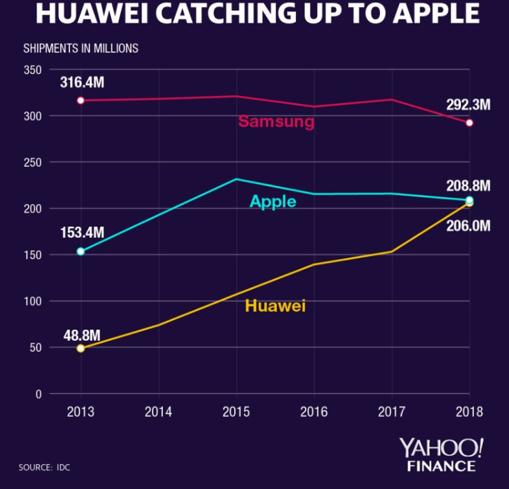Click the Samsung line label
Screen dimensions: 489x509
click(x=276, y=122)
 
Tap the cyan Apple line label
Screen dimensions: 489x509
click(x=273, y=202)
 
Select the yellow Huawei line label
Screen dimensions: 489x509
click(x=275, y=306)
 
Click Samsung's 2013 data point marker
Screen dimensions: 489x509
click(x=80, y=100)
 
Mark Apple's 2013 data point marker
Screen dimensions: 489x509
click(x=80, y=251)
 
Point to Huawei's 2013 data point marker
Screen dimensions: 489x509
click(x=80, y=348)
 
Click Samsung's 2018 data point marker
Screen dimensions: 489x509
click(x=470, y=123)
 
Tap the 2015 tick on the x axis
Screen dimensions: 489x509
click(x=236, y=412)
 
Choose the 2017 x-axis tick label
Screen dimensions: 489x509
click(x=392, y=412)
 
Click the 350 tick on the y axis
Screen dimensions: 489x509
click(x=33, y=70)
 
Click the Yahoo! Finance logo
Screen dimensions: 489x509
click(x=442, y=455)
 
